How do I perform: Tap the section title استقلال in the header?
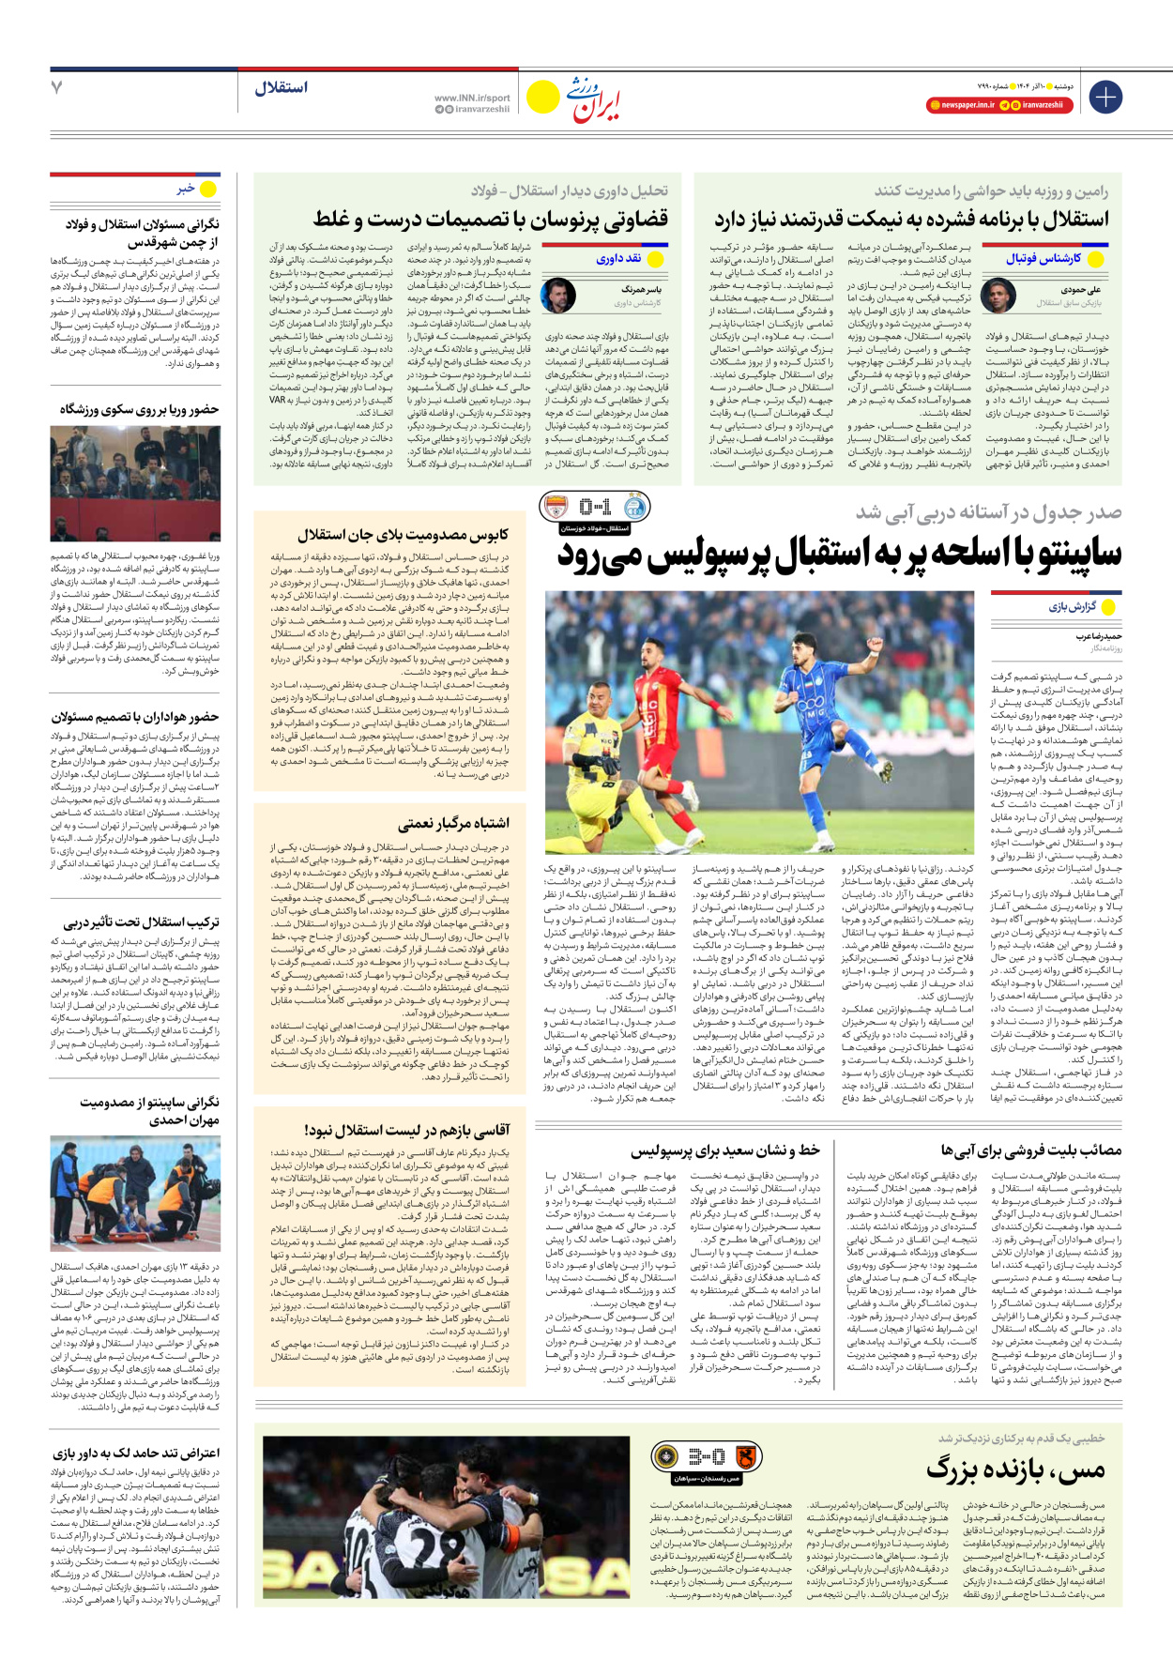pyautogui.click(x=281, y=87)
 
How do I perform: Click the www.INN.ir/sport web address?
pyautogui.click(x=472, y=98)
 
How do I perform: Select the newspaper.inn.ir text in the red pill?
pyautogui.click(x=967, y=105)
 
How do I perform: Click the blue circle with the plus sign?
pyautogui.click(x=1106, y=97)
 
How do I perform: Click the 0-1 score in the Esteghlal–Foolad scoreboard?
pyautogui.click(x=595, y=508)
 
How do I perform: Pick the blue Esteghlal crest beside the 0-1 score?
pyautogui.click(x=636, y=507)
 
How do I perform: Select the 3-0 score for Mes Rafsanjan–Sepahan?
pyautogui.click(x=706, y=1456)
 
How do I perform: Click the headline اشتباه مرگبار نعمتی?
pyautogui.click(x=453, y=823)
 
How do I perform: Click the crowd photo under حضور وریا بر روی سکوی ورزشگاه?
pyautogui.click(x=135, y=484)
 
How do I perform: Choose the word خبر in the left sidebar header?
pyautogui.click(x=186, y=189)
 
